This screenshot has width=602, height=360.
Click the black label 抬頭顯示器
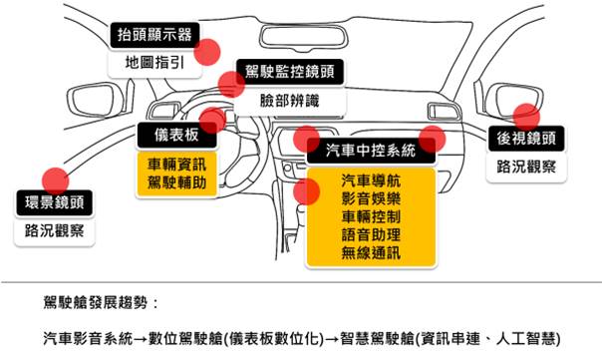point(154,35)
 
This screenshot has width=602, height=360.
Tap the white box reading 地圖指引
point(154,63)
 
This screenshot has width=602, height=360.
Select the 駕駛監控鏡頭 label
point(290,72)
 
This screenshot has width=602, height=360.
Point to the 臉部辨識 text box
point(290,101)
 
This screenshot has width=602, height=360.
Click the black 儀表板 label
point(177,135)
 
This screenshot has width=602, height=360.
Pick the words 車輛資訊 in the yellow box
point(176,165)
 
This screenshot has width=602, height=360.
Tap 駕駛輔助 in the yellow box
point(176,182)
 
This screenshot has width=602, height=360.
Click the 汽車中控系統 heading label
point(371,151)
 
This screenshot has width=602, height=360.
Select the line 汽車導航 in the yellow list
point(371,180)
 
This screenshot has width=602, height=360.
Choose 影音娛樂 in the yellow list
point(371,198)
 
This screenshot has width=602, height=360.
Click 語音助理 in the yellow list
point(371,234)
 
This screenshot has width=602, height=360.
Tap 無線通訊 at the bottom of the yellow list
point(371,253)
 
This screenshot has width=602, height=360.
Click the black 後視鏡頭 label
point(526,139)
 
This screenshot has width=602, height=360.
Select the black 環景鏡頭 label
point(55,202)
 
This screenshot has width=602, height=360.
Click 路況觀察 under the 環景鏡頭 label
point(55,231)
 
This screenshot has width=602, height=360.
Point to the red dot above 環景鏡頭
point(56,180)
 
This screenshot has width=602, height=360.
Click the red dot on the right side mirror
point(526,117)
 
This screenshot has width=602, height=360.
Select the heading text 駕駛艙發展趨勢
point(96,303)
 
